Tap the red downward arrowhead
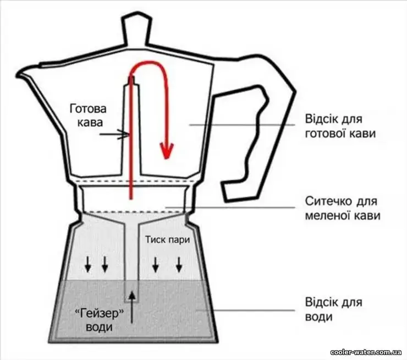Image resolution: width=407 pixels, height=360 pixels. point(167,150)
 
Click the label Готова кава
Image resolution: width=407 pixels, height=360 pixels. point(88,116)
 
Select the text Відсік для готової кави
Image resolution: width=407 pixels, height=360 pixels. point(340,126)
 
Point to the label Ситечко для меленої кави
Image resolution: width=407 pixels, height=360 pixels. point(342,208)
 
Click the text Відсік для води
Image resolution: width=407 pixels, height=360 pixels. point(333,309)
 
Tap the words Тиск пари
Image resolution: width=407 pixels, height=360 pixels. point(167,239)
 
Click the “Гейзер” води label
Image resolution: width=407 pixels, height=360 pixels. point(98,320)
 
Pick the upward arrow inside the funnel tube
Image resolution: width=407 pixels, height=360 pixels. point(133,308)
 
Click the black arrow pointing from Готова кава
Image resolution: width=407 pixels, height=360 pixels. point(114,134)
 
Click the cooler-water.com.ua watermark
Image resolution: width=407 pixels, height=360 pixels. point(366,352)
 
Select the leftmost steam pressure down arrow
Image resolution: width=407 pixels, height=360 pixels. point(88,264)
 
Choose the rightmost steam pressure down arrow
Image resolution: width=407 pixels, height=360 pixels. point(179,264)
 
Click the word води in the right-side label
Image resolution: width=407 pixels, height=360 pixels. point(319,317)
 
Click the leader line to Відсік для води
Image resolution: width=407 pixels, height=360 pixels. point(245,310)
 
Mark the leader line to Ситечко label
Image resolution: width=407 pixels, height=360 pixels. point(230,208)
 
